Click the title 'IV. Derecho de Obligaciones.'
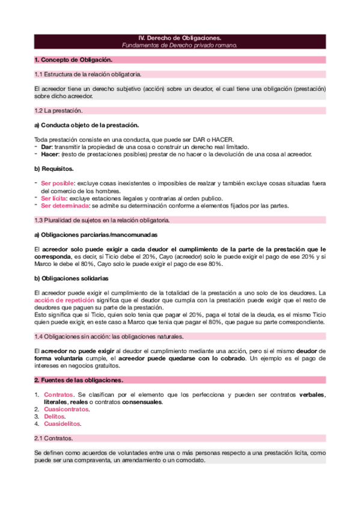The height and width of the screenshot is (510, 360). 180,38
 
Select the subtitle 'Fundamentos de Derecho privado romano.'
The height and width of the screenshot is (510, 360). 180,45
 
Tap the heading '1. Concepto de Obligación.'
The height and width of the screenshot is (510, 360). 73,60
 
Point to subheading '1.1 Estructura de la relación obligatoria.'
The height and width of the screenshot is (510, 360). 88,74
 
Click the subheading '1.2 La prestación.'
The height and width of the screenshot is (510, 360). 59,111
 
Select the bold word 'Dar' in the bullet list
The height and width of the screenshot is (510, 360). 46,147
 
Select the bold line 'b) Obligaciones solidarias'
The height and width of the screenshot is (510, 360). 72,278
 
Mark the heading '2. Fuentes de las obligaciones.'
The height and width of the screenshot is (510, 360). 79,381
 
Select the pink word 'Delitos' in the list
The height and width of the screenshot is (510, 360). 55,416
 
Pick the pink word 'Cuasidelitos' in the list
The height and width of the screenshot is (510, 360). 63,423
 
